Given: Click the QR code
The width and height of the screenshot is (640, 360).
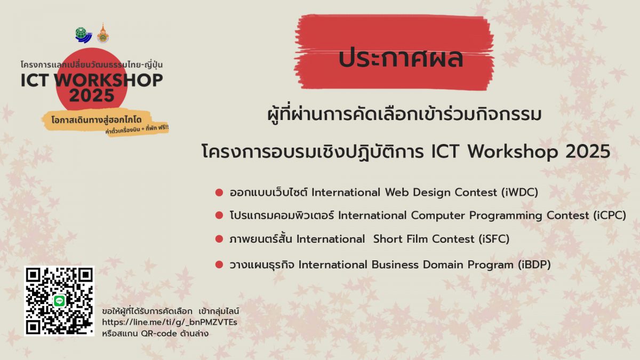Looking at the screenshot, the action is tap(59, 301).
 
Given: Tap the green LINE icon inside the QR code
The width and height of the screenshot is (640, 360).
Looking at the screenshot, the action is tap(59, 301).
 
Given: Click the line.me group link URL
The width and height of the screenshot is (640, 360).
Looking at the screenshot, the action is tap(170, 322).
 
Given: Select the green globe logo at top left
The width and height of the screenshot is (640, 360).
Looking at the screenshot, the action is tap(83, 35).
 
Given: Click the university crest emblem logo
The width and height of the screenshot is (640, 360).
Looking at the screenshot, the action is tap(103, 34).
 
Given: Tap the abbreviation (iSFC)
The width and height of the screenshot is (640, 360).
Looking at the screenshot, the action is tap(494, 239).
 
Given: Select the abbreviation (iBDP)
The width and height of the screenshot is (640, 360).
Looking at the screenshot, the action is tap(534, 265).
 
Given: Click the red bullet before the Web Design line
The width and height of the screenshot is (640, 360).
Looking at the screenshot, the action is tap(219, 193).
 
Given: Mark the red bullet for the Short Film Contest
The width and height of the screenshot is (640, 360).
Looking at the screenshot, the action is tap(219, 239).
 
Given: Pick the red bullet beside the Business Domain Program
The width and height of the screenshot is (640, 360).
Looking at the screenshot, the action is tap(219, 265).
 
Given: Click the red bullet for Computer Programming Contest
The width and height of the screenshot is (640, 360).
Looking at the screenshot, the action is tap(219, 215).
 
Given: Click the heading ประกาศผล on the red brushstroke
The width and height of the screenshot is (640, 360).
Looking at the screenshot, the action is tap(401, 58).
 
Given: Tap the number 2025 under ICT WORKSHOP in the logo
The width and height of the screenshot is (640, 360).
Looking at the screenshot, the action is tap(92, 95).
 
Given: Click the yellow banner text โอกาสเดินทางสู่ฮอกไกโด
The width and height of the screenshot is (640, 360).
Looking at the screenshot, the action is tap(97, 120).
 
